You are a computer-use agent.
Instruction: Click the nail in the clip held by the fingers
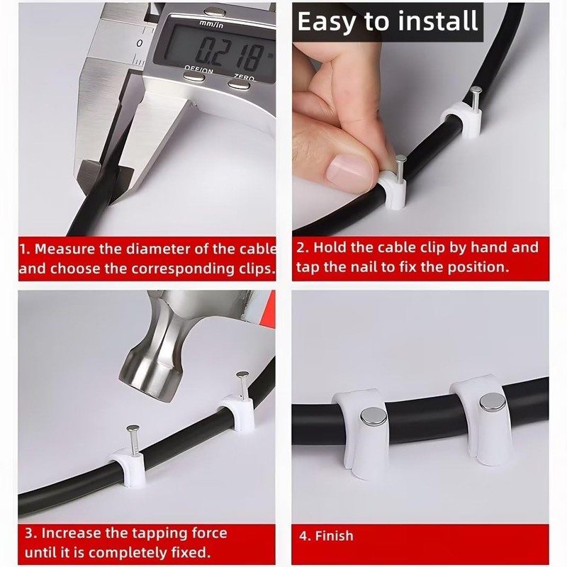point(400,169)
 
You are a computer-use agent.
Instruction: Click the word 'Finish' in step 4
point(334,536)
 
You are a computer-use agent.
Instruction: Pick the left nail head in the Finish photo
point(374,417)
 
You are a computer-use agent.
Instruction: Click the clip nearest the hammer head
point(236,412)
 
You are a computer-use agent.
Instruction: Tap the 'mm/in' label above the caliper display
point(211,24)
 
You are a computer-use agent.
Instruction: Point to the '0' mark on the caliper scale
point(140,43)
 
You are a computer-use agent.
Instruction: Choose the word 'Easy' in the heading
point(327,23)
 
